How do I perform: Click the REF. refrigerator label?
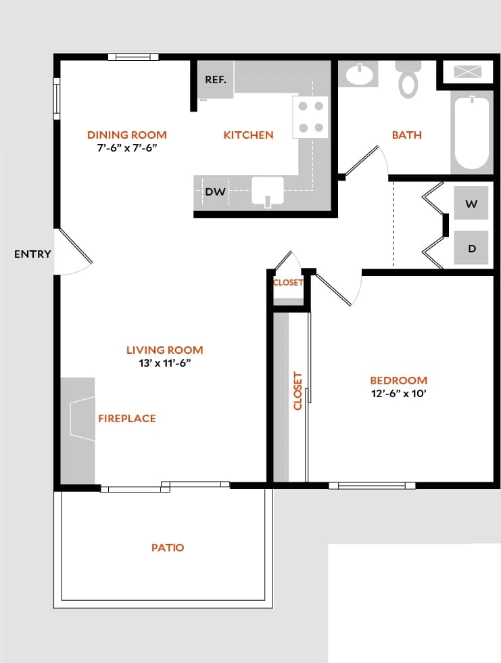click(x=216, y=80)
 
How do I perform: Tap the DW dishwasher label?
click(x=215, y=192)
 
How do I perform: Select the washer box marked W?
click(x=471, y=204)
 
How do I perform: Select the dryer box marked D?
click(x=471, y=248)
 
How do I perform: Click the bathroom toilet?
click(x=408, y=80)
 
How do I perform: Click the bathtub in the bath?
click(x=471, y=133)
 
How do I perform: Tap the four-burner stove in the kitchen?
click(x=310, y=116)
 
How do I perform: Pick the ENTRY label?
click(x=32, y=254)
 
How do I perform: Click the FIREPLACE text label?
click(x=126, y=419)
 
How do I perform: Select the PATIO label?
click(x=168, y=547)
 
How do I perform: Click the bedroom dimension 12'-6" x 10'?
click(x=398, y=394)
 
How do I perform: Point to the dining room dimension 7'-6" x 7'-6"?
click(x=127, y=147)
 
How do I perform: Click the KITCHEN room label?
click(x=248, y=135)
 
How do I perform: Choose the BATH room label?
click(x=406, y=135)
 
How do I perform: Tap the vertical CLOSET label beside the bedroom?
click(x=297, y=390)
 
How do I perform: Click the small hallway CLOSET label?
click(x=288, y=283)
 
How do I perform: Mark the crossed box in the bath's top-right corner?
click(x=468, y=71)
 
